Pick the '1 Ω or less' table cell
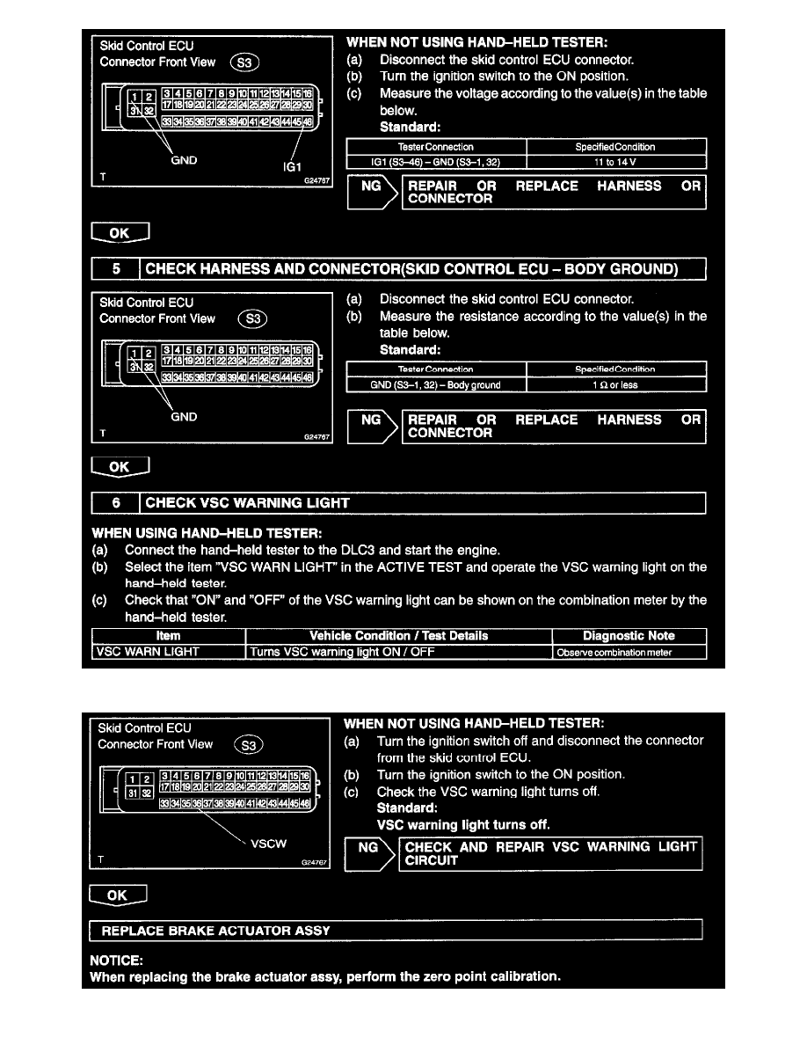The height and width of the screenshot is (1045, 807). coord(615,384)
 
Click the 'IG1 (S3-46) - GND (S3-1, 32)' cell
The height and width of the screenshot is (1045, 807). coord(436,161)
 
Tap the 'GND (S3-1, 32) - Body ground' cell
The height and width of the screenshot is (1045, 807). coord(436,384)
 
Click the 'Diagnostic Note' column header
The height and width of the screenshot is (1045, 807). coord(629,636)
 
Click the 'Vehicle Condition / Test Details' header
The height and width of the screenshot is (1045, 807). coord(398,636)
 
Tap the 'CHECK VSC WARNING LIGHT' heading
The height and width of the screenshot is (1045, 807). coord(248,503)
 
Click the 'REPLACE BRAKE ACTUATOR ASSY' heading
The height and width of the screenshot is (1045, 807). coord(216,930)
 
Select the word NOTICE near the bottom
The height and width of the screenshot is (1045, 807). coord(114,961)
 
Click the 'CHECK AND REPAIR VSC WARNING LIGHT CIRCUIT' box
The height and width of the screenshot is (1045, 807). coord(551,853)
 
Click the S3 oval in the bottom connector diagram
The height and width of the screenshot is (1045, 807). coord(251,745)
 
